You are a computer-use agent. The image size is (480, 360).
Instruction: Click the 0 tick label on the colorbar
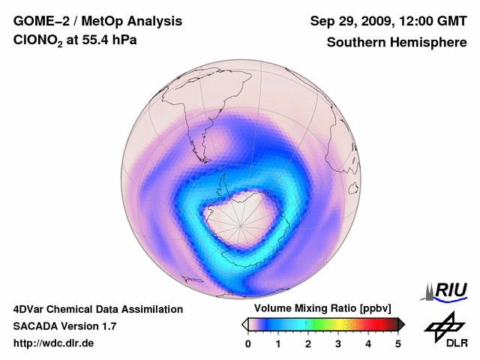248,343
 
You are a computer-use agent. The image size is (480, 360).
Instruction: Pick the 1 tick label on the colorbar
278,343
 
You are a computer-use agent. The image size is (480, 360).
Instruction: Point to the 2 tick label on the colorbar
308,343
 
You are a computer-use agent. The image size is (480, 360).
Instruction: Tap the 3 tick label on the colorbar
338,343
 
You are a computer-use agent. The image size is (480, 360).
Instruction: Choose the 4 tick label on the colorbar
368,343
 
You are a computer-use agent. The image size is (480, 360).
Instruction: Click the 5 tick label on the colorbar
398,343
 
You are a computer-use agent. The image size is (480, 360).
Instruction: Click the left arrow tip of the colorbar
244,324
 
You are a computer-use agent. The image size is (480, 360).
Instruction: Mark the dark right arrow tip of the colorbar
402,324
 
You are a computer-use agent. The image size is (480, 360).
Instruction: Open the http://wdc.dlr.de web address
54,343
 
